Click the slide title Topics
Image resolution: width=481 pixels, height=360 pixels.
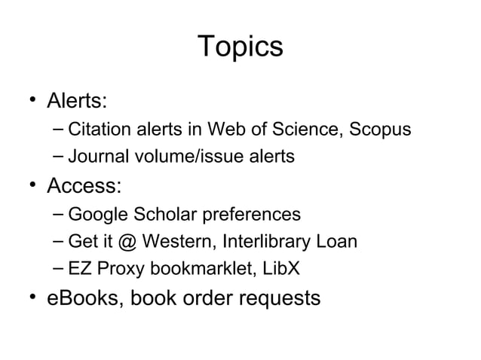click(x=240, y=47)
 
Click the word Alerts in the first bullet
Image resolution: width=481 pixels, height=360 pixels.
click(x=78, y=100)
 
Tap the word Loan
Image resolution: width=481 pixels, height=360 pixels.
click(x=336, y=242)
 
